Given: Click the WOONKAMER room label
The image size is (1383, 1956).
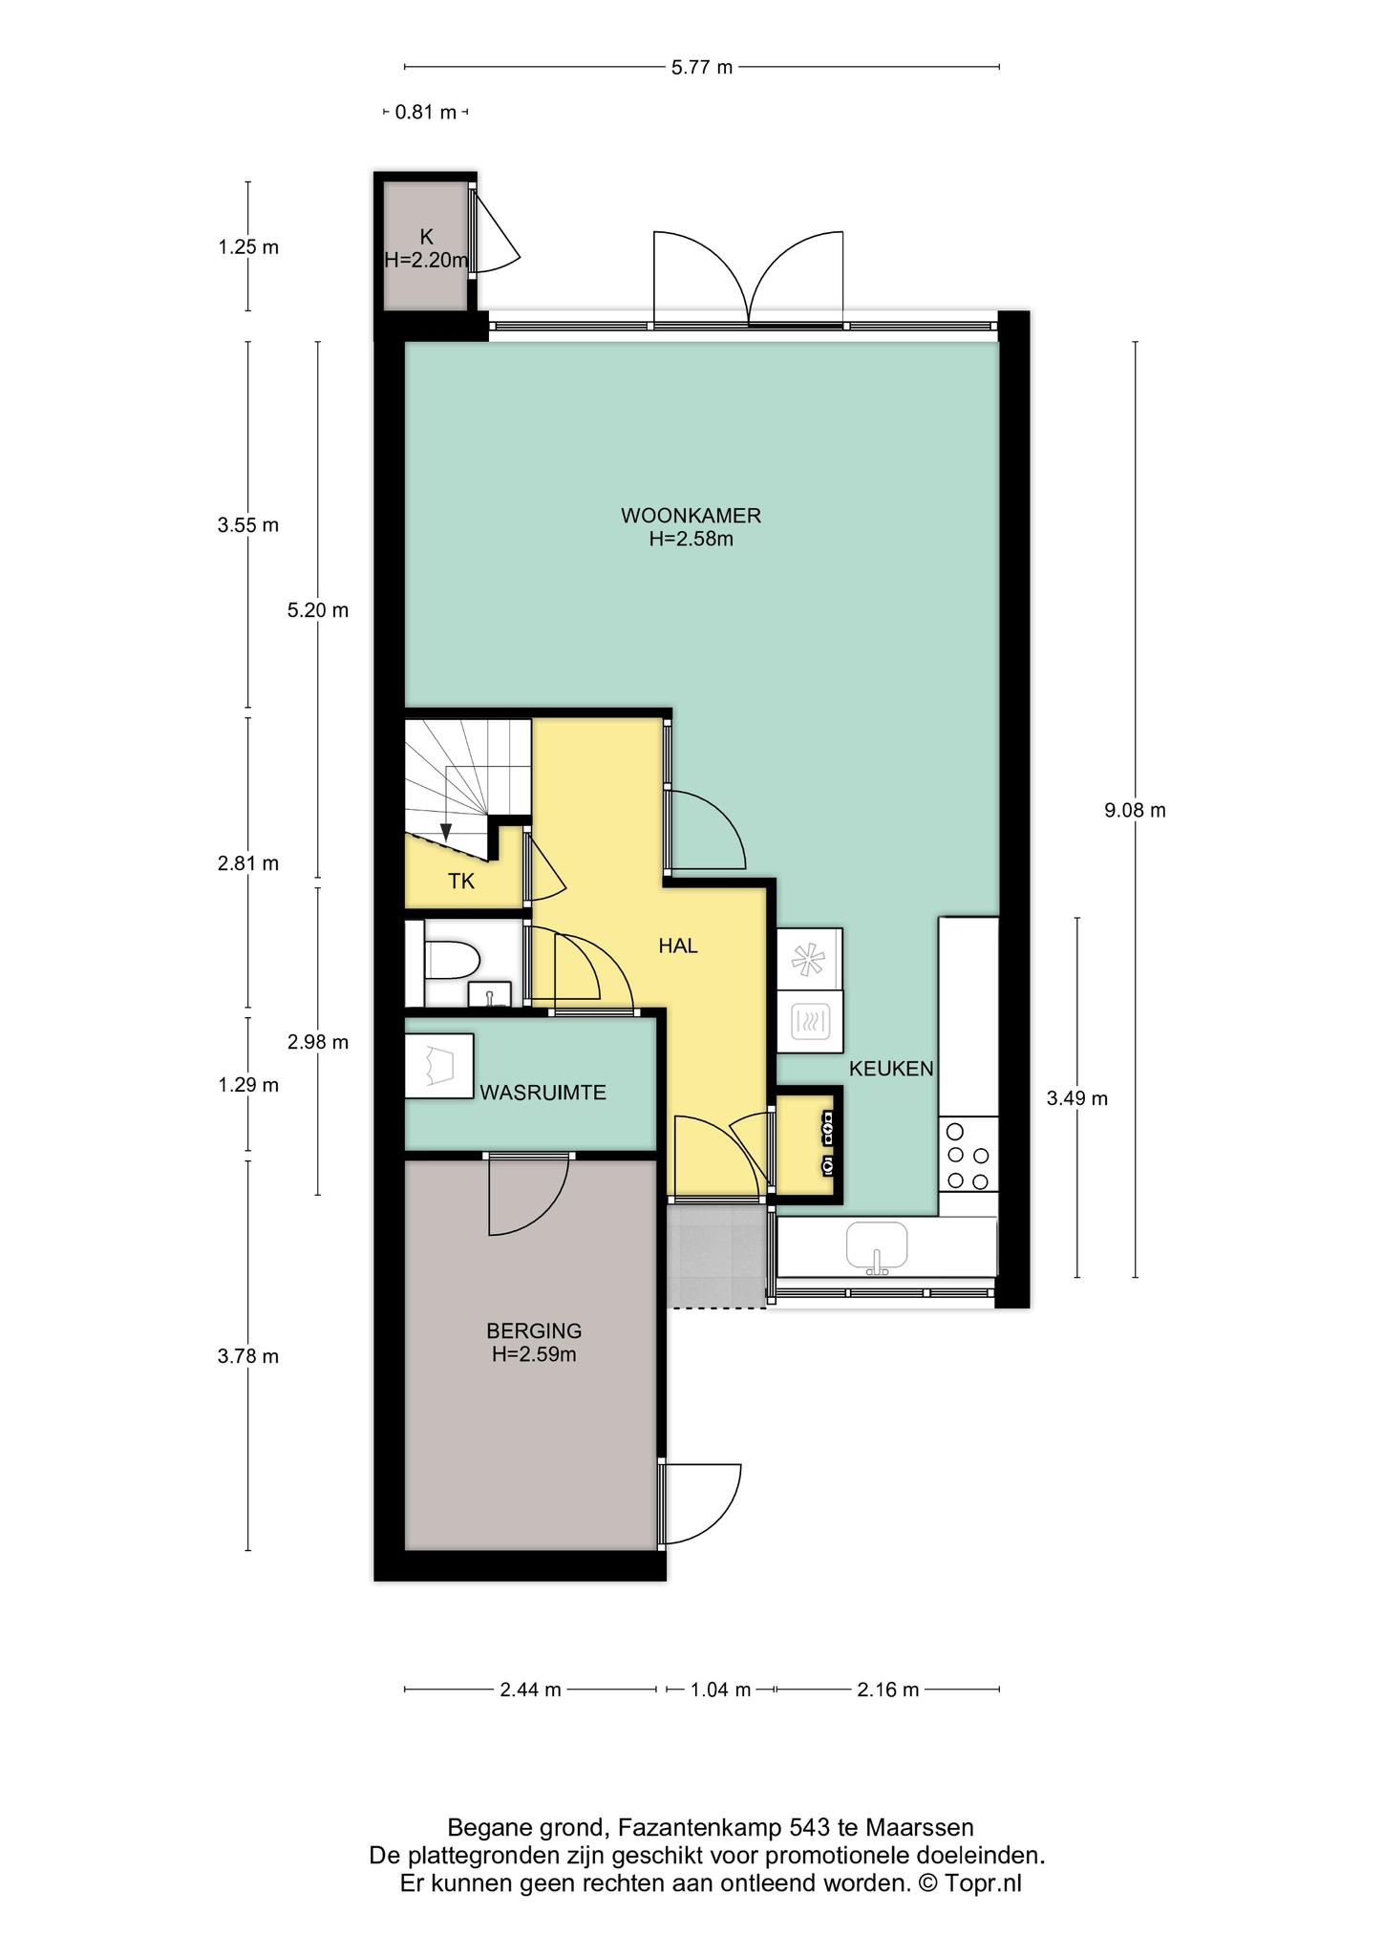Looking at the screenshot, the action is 691,516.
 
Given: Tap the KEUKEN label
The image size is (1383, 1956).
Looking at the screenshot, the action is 891,1069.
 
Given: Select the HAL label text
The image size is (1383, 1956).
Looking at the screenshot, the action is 678,946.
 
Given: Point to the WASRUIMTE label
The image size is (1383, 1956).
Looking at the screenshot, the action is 543,1093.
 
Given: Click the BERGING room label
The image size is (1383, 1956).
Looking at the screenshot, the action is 534,1330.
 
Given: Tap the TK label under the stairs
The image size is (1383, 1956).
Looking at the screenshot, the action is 461,882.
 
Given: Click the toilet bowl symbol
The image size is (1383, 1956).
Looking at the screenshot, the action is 451,960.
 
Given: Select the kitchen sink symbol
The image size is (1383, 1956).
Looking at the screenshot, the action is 876,1248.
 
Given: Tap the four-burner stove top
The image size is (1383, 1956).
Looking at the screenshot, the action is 968,1156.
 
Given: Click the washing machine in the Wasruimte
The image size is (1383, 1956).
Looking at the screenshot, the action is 439,1066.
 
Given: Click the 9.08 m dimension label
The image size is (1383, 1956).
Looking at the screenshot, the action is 1135,811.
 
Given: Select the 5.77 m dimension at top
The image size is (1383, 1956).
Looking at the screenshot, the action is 702,67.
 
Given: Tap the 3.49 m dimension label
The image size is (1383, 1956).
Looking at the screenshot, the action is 1077,1098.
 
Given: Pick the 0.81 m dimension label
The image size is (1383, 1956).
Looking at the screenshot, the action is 426,113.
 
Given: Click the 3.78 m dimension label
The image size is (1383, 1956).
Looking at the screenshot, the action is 248,1356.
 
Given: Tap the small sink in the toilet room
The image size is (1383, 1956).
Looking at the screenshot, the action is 490,995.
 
